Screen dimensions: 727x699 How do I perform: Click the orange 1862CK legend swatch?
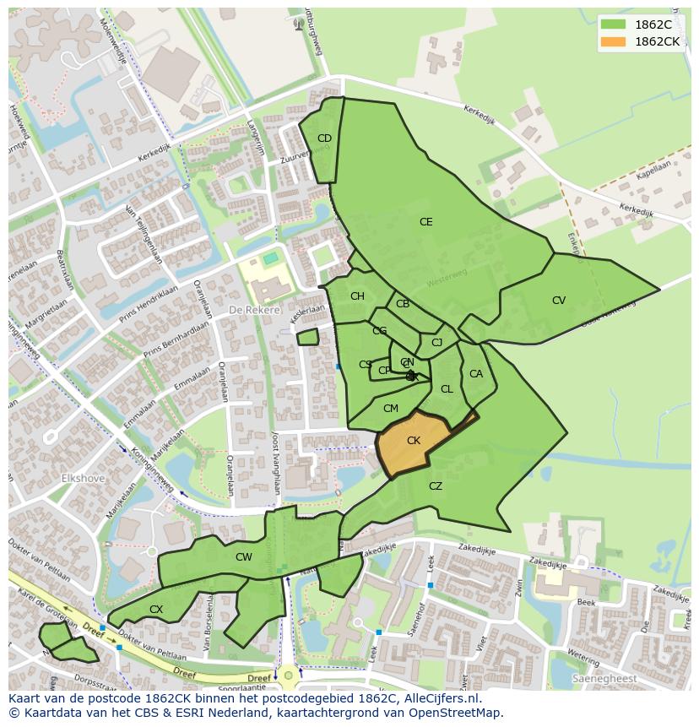(614, 41)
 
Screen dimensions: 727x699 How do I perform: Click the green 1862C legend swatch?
(614, 24)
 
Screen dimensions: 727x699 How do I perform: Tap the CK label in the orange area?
(414, 441)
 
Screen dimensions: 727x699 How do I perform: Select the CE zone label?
(426, 222)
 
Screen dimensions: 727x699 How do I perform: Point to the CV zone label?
(559, 301)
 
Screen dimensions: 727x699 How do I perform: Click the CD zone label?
(324, 138)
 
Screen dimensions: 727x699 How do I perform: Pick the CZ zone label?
(436, 486)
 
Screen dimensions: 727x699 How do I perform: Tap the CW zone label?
(244, 557)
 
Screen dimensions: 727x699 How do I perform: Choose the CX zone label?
(156, 610)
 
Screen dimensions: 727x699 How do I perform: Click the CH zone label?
(357, 296)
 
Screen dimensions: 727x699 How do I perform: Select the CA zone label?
(476, 374)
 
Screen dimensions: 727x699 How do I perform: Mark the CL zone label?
(447, 389)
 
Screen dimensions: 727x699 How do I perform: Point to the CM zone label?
(390, 409)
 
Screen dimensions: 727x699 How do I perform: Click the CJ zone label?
(436, 343)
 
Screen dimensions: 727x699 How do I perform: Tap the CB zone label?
(403, 304)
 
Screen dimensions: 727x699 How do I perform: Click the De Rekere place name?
(254, 310)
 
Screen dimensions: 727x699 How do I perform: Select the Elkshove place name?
(82, 478)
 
